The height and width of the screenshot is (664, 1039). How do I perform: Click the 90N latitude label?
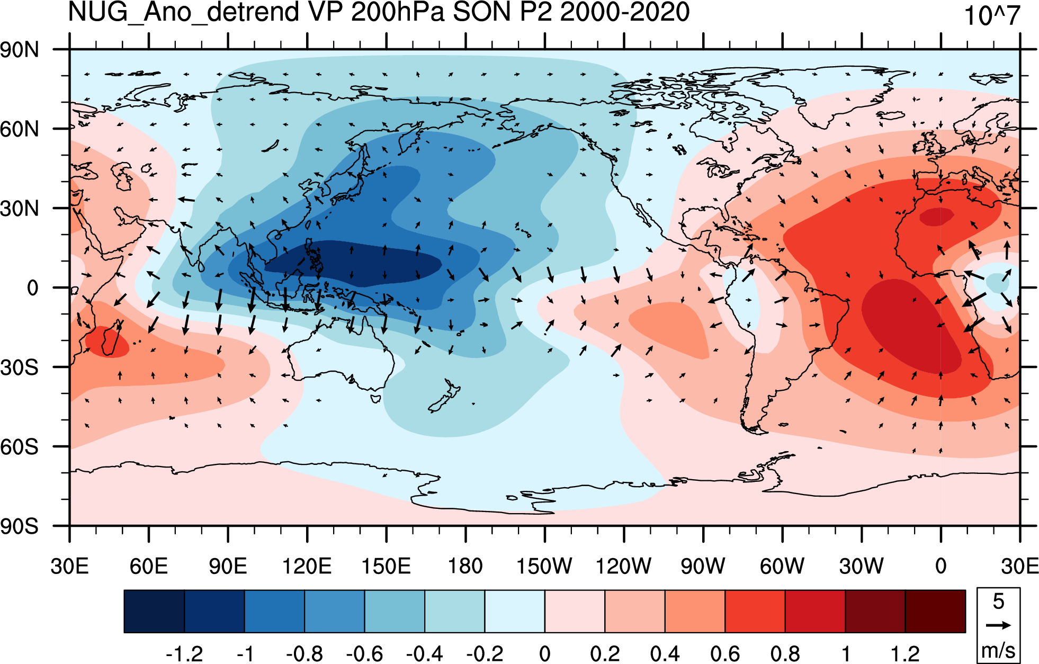20,50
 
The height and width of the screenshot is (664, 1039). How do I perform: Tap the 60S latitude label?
20,447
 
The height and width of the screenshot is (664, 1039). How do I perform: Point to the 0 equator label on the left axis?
33,288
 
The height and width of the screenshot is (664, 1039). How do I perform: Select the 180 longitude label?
465,566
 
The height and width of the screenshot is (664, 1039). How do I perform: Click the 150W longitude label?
544,566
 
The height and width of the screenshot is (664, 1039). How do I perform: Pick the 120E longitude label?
307,566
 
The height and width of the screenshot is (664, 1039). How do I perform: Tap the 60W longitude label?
782,566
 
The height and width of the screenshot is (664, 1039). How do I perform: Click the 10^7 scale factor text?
992,16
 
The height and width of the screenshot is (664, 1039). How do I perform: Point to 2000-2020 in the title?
625,12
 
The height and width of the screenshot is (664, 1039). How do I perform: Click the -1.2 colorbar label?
184,654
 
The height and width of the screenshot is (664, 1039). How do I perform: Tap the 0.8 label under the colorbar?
785,654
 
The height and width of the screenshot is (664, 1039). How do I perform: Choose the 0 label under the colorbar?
545,654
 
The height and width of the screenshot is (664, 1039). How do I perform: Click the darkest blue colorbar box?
154,612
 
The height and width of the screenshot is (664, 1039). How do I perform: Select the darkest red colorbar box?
935,612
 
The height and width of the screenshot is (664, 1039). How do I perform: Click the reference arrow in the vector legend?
998,625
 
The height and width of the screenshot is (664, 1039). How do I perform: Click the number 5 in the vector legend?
999,602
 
